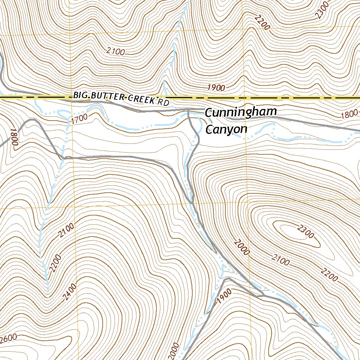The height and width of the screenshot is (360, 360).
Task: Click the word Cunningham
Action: pyautogui.click(x=241, y=112)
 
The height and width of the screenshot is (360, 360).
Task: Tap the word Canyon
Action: pyautogui.click(x=226, y=129)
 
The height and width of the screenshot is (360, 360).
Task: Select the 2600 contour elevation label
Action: pyautogui.click(x=8, y=339)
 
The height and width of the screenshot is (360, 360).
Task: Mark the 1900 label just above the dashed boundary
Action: pyautogui.click(x=216, y=88)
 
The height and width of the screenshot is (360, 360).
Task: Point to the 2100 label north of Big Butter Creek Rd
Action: pyautogui.click(x=116, y=52)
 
